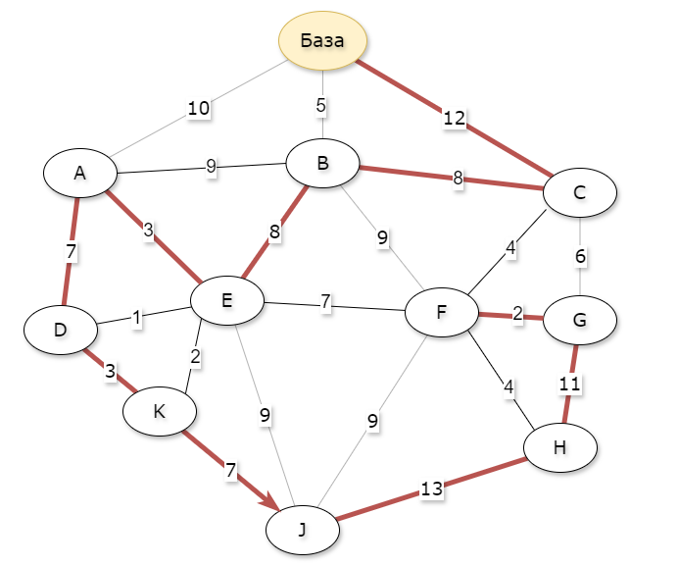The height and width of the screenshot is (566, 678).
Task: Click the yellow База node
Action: tap(323, 41)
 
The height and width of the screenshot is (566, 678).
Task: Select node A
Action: tap(80, 173)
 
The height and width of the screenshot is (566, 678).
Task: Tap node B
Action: tap(322, 165)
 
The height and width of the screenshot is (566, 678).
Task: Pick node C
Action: tap(579, 192)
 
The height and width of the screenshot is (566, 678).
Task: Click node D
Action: tap(61, 330)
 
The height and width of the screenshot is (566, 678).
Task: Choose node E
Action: tap(226, 300)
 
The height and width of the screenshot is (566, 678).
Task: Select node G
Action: tap(579, 320)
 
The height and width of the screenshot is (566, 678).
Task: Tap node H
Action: tap(559, 447)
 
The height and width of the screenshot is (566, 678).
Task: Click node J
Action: tap(303, 530)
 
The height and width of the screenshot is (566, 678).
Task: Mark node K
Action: tap(160, 412)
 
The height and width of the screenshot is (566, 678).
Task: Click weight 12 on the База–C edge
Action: tap(454, 119)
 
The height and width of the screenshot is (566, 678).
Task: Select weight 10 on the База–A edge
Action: tap(199, 108)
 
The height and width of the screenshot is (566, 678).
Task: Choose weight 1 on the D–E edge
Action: tap(138, 318)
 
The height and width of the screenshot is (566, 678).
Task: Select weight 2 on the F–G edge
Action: tap(517, 315)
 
